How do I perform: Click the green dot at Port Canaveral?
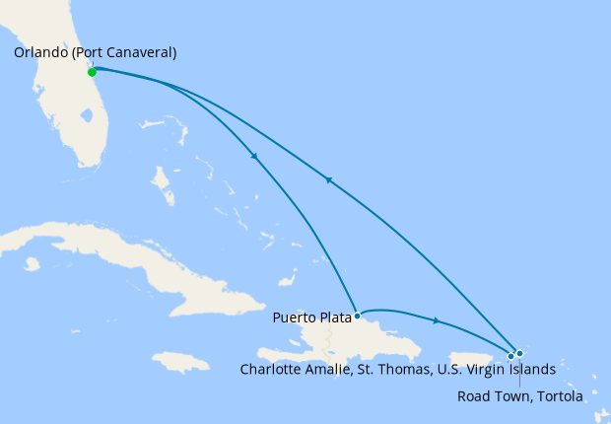coord(92,72)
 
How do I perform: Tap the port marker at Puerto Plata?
coord(357,317)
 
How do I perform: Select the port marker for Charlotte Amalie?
coord(510,356)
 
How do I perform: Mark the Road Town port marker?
coord(519,353)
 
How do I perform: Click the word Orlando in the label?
coord(41,53)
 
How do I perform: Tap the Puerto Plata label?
coord(311,318)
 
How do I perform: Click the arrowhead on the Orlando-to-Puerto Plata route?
coord(255,157)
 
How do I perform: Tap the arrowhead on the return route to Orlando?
coord(328,179)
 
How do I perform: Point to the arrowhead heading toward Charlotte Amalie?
coord(436,320)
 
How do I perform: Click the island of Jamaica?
coord(182,362)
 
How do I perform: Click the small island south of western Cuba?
coord(33,263)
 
